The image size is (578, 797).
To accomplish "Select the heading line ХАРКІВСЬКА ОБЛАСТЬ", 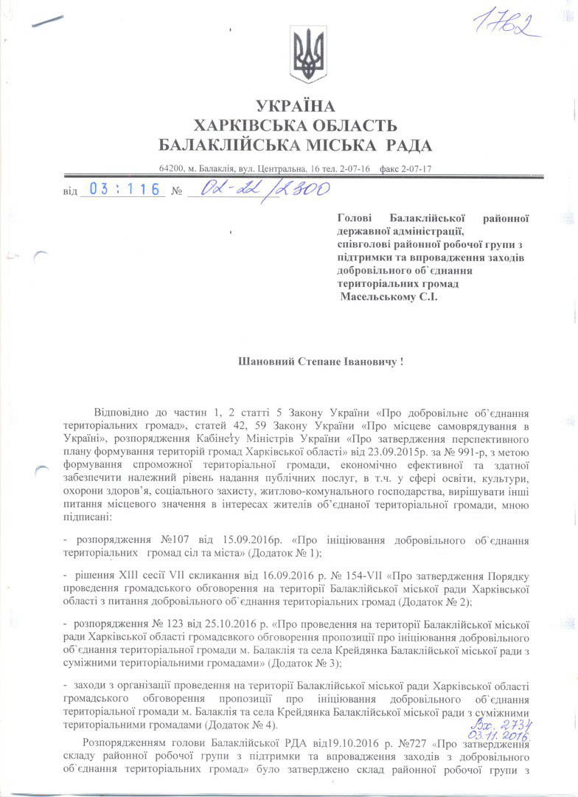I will coord(295,125).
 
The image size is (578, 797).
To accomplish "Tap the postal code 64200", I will coord(171,169).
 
